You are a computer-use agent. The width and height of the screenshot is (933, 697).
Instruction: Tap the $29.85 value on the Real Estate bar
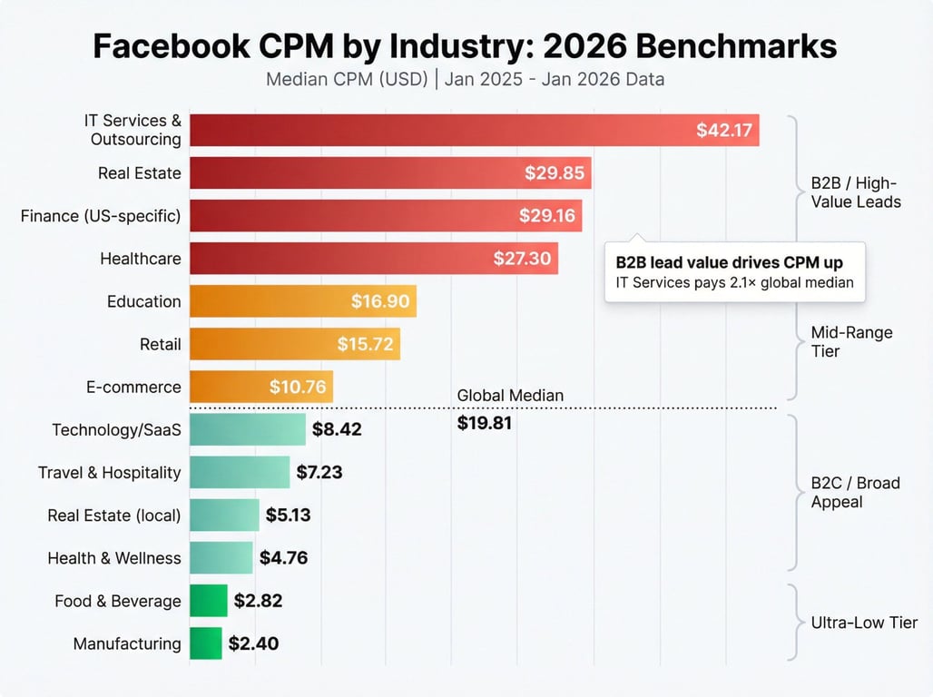pos(555,172)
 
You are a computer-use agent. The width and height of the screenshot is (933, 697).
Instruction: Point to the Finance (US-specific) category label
pos(101,215)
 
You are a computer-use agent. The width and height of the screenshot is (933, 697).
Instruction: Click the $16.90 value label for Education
pos(380,301)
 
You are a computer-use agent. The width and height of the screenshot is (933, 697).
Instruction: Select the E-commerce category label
pos(133,387)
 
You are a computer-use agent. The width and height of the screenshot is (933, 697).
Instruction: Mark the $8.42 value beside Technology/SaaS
pos(337,429)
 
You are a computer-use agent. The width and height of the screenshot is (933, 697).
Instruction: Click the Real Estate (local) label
pos(114,515)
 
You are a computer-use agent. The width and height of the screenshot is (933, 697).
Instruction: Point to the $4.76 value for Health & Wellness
pos(283,558)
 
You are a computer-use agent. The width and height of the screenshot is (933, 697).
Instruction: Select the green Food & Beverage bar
pos(208,601)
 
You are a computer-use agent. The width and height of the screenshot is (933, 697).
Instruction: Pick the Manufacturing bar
pos(205,643)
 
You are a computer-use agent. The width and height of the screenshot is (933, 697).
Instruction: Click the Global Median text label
pos(510,396)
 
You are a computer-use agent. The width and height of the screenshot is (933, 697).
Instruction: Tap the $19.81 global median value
pos(485,422)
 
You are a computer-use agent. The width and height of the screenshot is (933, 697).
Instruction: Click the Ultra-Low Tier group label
pos(864,623)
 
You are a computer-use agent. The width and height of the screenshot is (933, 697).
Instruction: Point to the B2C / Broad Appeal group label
pos(855,492)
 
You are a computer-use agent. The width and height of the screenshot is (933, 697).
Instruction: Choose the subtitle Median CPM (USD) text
pos(347,79)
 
